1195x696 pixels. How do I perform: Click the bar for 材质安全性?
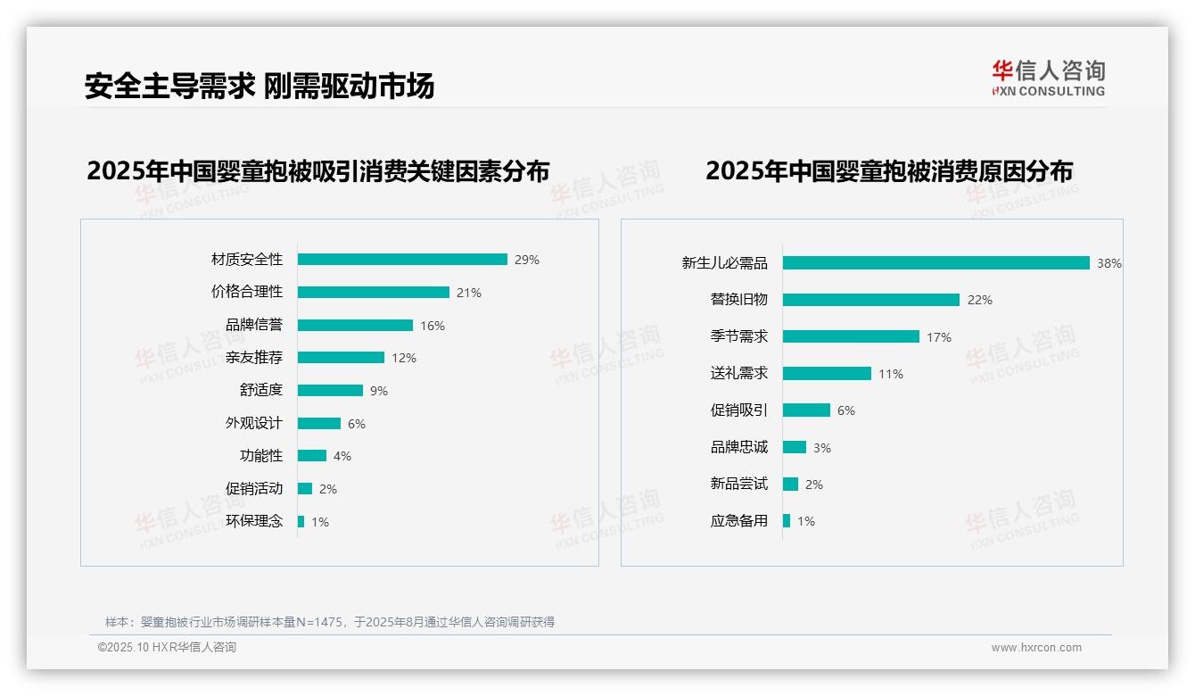click(402, 260)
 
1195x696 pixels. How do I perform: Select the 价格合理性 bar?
click(374, 293)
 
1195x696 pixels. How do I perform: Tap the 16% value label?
click(433, 326)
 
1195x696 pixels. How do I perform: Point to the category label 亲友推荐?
click(254, 358)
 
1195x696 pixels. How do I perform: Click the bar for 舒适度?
click(330, 391)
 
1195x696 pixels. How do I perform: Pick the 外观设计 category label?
click(254, 423)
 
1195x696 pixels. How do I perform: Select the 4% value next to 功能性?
click(342, 456)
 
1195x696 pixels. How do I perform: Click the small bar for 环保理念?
click(301, 521)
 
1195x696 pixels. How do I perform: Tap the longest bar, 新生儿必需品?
click(935, 263)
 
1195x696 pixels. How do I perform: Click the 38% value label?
click(1109, 263)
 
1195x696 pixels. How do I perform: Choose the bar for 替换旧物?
click(871, 300)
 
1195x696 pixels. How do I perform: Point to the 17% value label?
click(939, 337)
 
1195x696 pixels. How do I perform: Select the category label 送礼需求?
click(739, 373)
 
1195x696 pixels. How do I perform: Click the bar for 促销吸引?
click(806, 410)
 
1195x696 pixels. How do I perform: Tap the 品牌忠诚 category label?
click(739, 447)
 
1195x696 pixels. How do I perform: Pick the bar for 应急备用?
click(787, 521)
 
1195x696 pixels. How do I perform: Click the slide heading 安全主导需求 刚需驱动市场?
click(260, 86)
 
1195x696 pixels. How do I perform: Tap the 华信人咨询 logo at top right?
click(1048, 78)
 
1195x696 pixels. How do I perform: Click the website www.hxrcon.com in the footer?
click(1036, 648)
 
